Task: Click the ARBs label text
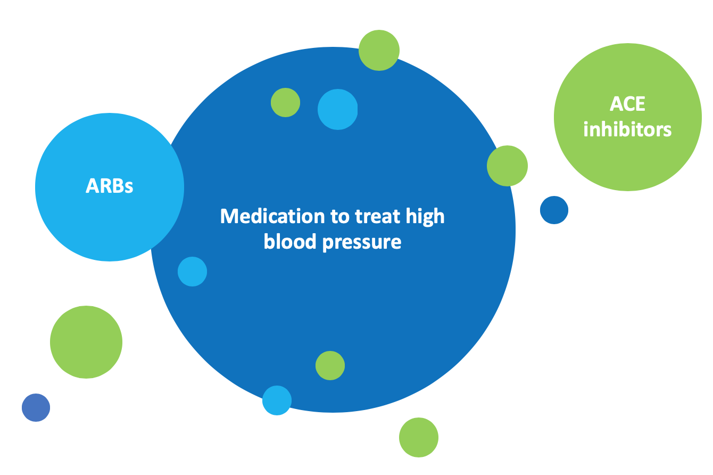(110, 186)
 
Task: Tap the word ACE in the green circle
(627, 104)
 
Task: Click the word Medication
(272, 216)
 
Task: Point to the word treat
(377, 217)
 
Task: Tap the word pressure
(362, 243)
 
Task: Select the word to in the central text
(339, 217)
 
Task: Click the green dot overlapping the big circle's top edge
(379, 51)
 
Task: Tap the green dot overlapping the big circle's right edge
(507, 166)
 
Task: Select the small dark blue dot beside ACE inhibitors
(554, 210)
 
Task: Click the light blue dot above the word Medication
(338, 109)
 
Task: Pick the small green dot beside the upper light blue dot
(285, 103)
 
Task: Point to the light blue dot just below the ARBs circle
(192, 272)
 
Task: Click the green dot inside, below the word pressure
(330, 365)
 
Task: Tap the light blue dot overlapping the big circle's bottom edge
(277, 400)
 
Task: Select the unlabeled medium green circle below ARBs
(86, 342)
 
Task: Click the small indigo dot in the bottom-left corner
(36, 407)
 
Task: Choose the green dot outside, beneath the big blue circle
(419, 437)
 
